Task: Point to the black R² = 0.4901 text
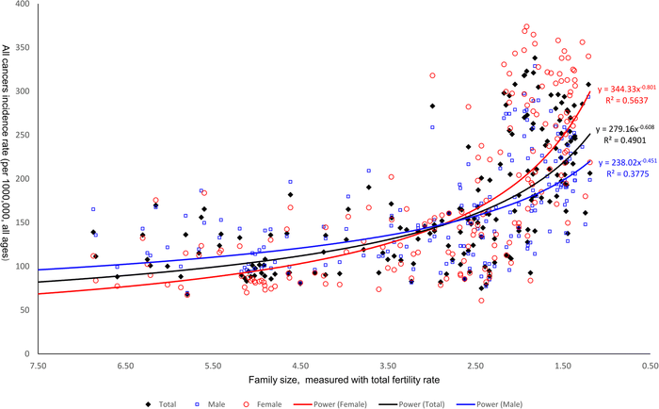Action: click(622, 140)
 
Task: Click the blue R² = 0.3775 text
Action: click(622, 173)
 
